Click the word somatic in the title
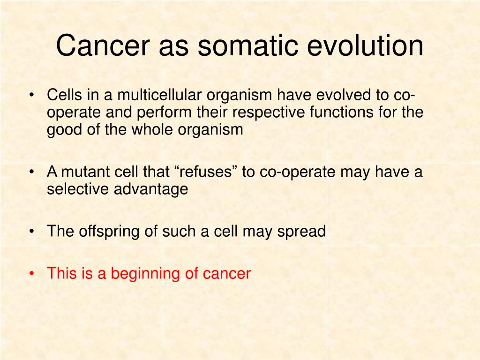coord(247,45)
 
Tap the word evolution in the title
coord(365,45)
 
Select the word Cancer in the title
coord(103,45)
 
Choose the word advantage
coord(151,189)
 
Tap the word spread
coord(301,232)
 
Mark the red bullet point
coord(31,273)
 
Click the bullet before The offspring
coord(31,231)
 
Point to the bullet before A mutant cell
coord(31,172)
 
